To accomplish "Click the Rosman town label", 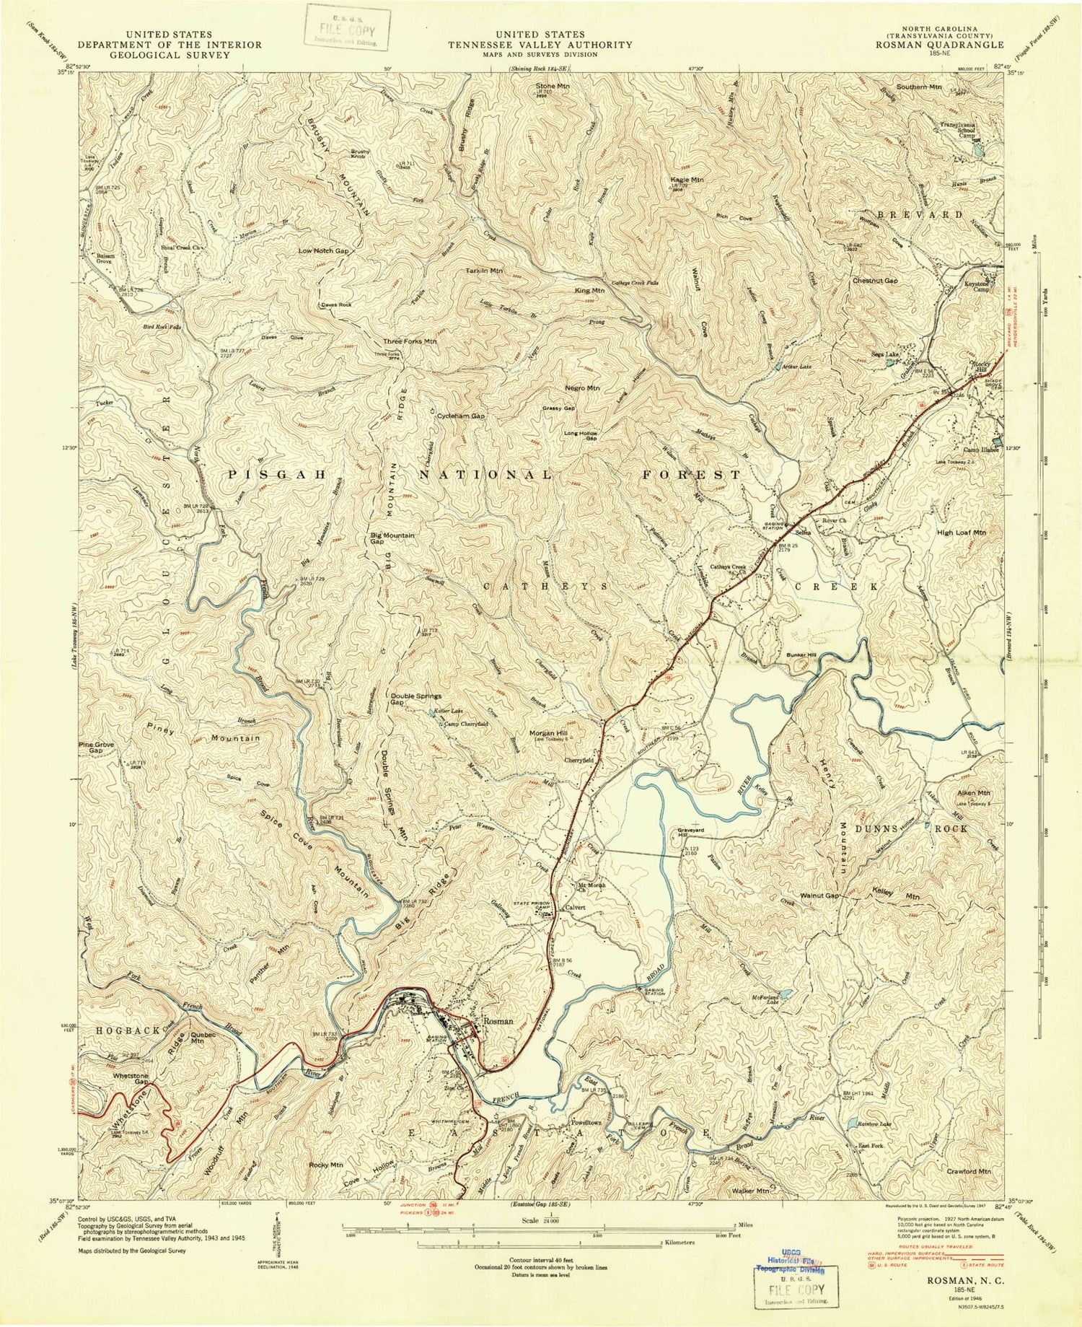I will click(x=498, y=1021).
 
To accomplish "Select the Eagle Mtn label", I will click(x=687, y=179).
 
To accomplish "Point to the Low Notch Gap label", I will click(x=323, y=250).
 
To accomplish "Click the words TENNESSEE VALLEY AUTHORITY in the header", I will click(x=540, y=45).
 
